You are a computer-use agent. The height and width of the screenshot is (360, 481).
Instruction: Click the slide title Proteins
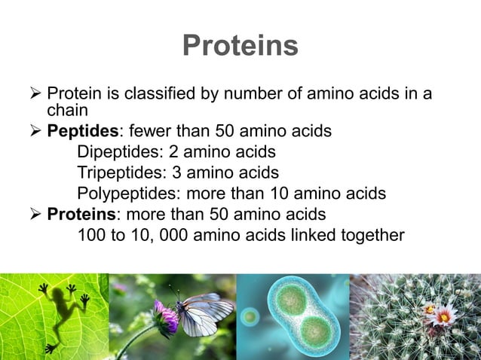pos(240,46)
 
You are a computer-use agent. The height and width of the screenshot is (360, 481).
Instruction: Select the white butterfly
pos(204,313)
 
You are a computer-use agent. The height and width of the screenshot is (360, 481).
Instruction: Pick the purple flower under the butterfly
pos(165,316)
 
